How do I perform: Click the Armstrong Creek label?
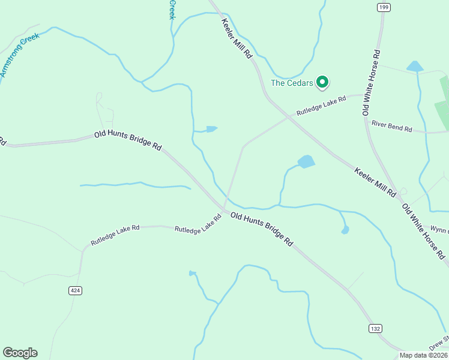tap(19, 55)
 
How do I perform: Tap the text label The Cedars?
tap(292, 83)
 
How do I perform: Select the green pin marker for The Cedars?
tap(322, 82)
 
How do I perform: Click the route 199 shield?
tap(384, 7)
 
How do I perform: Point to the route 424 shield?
tap(75, 290)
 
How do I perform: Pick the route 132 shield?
tap(375, 328)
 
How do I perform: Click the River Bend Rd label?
tap(391, 127)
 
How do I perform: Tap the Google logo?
tap(20, 353)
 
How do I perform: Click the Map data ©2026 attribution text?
tap(424, 355)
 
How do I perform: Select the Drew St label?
tap(439, 343)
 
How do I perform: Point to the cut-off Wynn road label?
tap(439, 229)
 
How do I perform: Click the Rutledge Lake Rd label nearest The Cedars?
tap(321, 105)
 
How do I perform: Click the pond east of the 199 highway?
tap(414, 66)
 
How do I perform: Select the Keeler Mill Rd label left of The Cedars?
tap(237, 38)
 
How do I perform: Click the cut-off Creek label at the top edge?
tap(172, 9)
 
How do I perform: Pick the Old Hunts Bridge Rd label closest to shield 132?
tap(262, 229)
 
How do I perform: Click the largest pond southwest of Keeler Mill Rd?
tap(306, 161)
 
